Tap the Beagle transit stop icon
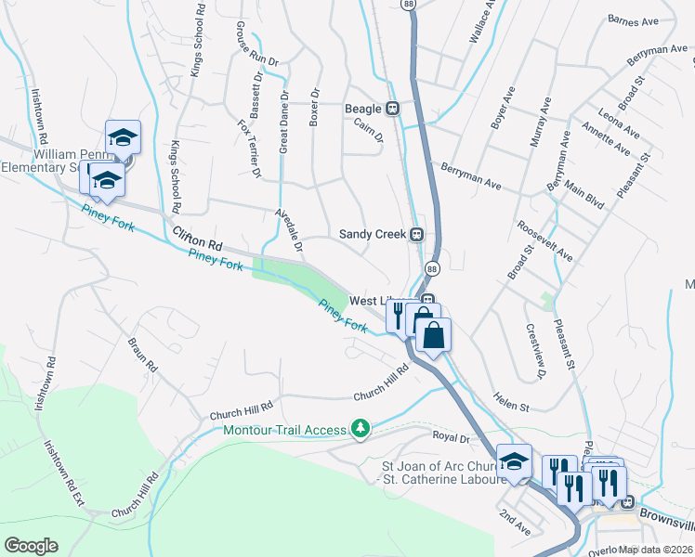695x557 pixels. (393, 109)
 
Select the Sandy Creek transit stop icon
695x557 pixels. (417, 235)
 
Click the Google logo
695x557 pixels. (31, 546)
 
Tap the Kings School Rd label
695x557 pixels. (176, 176)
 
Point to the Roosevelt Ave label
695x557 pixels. (547, 242)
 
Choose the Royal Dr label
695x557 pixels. (447, 435)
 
